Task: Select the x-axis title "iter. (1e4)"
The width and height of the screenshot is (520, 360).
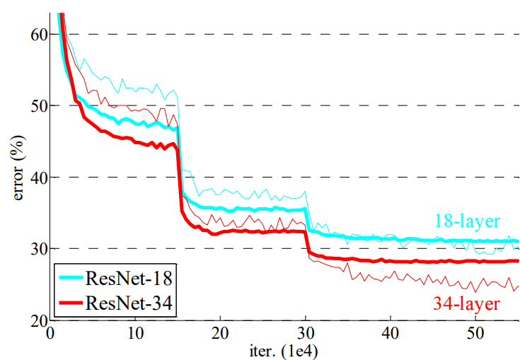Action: pos(283,349)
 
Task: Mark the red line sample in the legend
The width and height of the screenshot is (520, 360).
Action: pos(71,305)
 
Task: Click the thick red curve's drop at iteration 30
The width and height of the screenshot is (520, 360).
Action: pos(306,242)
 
